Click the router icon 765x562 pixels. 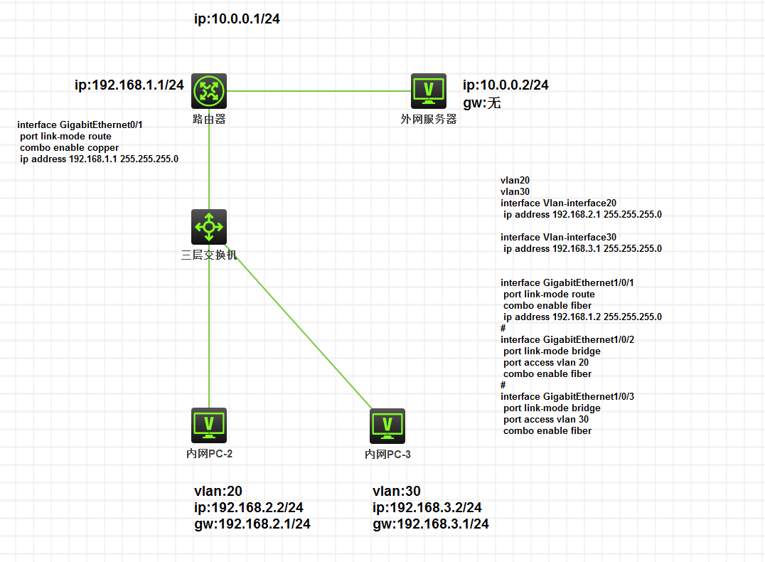209,90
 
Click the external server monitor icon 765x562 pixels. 429,90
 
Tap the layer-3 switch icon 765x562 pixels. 209,227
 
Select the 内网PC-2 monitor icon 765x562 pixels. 209,425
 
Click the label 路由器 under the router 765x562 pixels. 209,120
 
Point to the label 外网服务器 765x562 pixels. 429,120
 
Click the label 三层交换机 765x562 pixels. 209,255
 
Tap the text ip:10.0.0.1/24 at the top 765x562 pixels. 237,19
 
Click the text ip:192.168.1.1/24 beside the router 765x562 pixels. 129,85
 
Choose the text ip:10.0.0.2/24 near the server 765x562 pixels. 505,85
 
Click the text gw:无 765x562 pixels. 482,103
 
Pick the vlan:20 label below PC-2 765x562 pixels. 218,491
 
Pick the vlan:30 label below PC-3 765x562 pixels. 397,491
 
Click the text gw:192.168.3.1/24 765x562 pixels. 430,524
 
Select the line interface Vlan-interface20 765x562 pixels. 558,203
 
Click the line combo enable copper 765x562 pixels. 70,148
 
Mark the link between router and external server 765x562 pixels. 320,91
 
